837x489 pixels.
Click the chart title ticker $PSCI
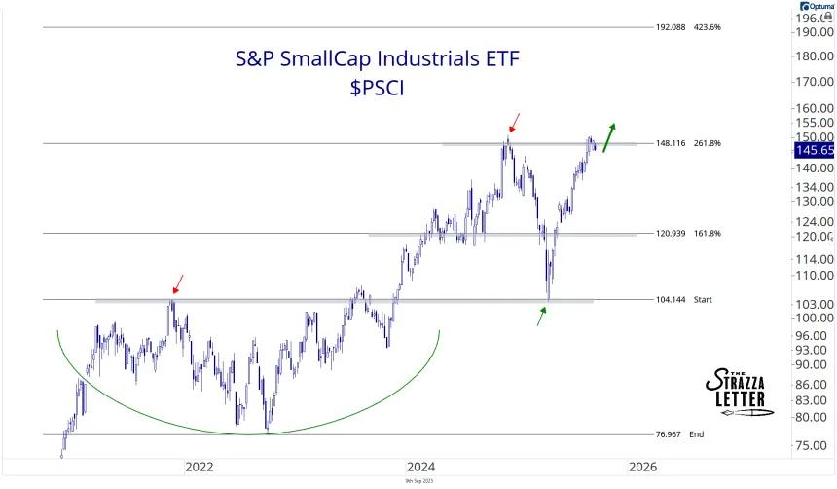pyautogui.click(x=378, y=89)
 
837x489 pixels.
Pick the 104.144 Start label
pyautogui.click(x=686, y=299)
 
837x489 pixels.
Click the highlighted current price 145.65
pyautogui.click(x=814, y=150)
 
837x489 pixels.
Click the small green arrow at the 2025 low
pyautogui.click(x=542, y=316)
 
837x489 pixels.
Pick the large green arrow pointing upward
pyautogui.click(x=608, y=137)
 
